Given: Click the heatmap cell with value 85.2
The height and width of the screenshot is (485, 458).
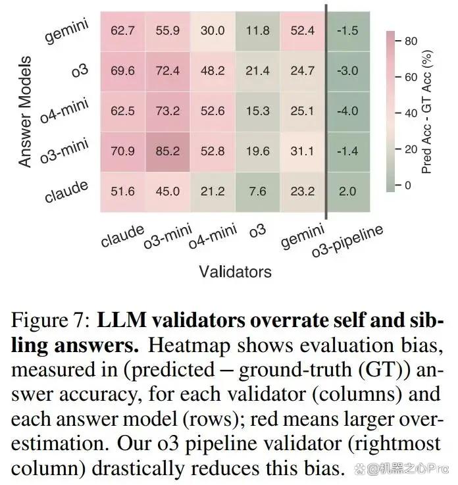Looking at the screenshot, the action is coord(168,151).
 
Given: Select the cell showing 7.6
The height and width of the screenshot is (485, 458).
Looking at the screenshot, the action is coord(257,191).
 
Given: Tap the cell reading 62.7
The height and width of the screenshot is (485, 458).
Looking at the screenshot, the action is coord(123,31).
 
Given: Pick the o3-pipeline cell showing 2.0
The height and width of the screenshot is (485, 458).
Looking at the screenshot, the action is coord(348,191).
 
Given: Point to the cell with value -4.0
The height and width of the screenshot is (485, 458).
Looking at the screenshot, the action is coord(348,111).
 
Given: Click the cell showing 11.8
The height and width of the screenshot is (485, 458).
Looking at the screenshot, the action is coord(257,31).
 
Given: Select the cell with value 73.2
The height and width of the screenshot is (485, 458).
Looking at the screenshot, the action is coord(168,111).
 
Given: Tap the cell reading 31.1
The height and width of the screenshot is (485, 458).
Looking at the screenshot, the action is coord(303,151).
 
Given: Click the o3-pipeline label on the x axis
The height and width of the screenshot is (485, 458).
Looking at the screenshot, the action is coord(347,242).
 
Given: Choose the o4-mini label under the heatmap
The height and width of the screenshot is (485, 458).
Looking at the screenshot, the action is coord(213,236).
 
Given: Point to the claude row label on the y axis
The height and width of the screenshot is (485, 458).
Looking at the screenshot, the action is coord(66,191).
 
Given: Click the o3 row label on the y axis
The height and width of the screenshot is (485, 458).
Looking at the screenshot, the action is coord(80,70).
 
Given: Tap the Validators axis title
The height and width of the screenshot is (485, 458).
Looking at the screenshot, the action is coord(236,272).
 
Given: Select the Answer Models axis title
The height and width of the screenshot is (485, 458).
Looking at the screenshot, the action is coord(26,112).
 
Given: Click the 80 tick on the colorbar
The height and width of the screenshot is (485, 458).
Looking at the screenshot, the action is coord(411,41).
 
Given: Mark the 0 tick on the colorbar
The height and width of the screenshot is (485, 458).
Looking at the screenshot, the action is coord(408,186).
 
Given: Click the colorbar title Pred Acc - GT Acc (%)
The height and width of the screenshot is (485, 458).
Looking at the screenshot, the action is coord(426,112).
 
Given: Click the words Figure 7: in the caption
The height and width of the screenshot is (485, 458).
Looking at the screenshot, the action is coord(51,320).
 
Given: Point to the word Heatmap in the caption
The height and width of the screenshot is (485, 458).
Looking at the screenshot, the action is coord(189,346).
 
